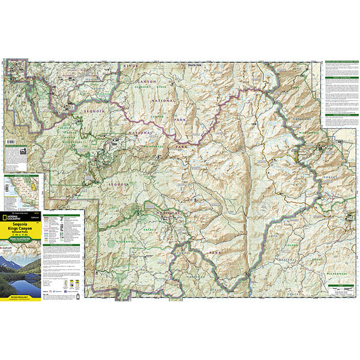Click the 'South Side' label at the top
click(196, 64)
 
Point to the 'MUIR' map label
click(298, 109)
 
